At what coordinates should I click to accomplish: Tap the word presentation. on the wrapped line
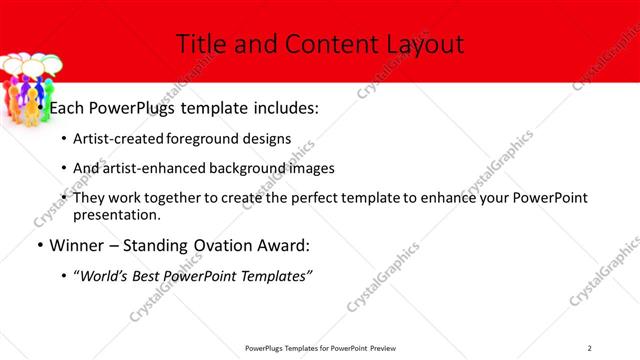(117, 214)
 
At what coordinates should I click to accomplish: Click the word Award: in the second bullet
(286, 245)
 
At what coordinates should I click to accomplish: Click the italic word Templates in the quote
(276, 275)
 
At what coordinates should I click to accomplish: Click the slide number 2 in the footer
(590, 348)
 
